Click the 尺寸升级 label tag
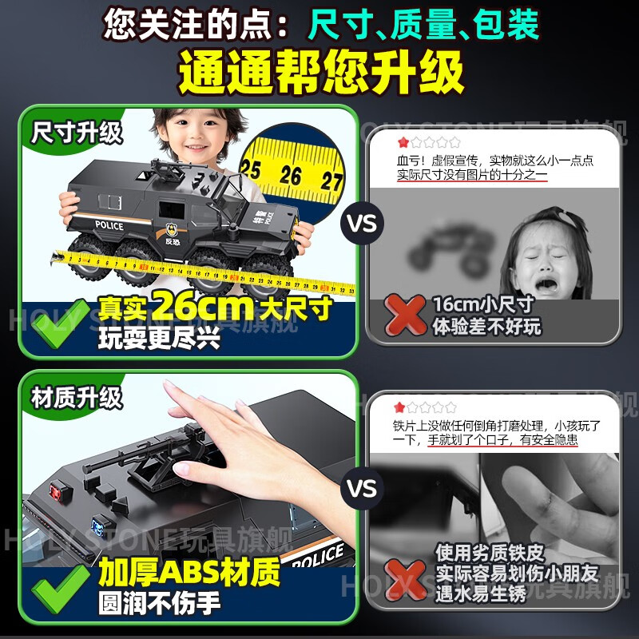(77, 132)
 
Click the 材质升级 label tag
(77, 395)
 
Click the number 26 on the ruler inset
(290, 174)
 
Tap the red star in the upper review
(403, 142)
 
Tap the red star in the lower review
(403, 407)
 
